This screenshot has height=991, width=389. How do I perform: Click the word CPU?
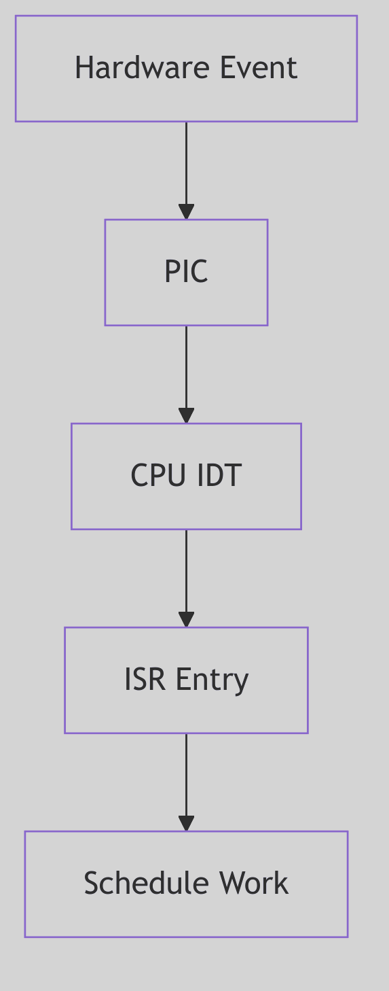(x=158, y=476)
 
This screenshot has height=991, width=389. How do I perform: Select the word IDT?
(x=219, y=476)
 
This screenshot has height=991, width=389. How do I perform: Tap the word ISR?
(x=145, y=680)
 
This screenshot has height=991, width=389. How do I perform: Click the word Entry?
(x=212, y=680)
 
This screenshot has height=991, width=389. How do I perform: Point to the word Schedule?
(x=136, y=884)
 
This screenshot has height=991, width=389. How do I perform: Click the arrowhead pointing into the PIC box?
(x=186, y=211)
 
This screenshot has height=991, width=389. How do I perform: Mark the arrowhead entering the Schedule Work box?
(x=186, y=823)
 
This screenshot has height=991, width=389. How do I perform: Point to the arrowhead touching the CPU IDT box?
(x=186, y=415)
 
